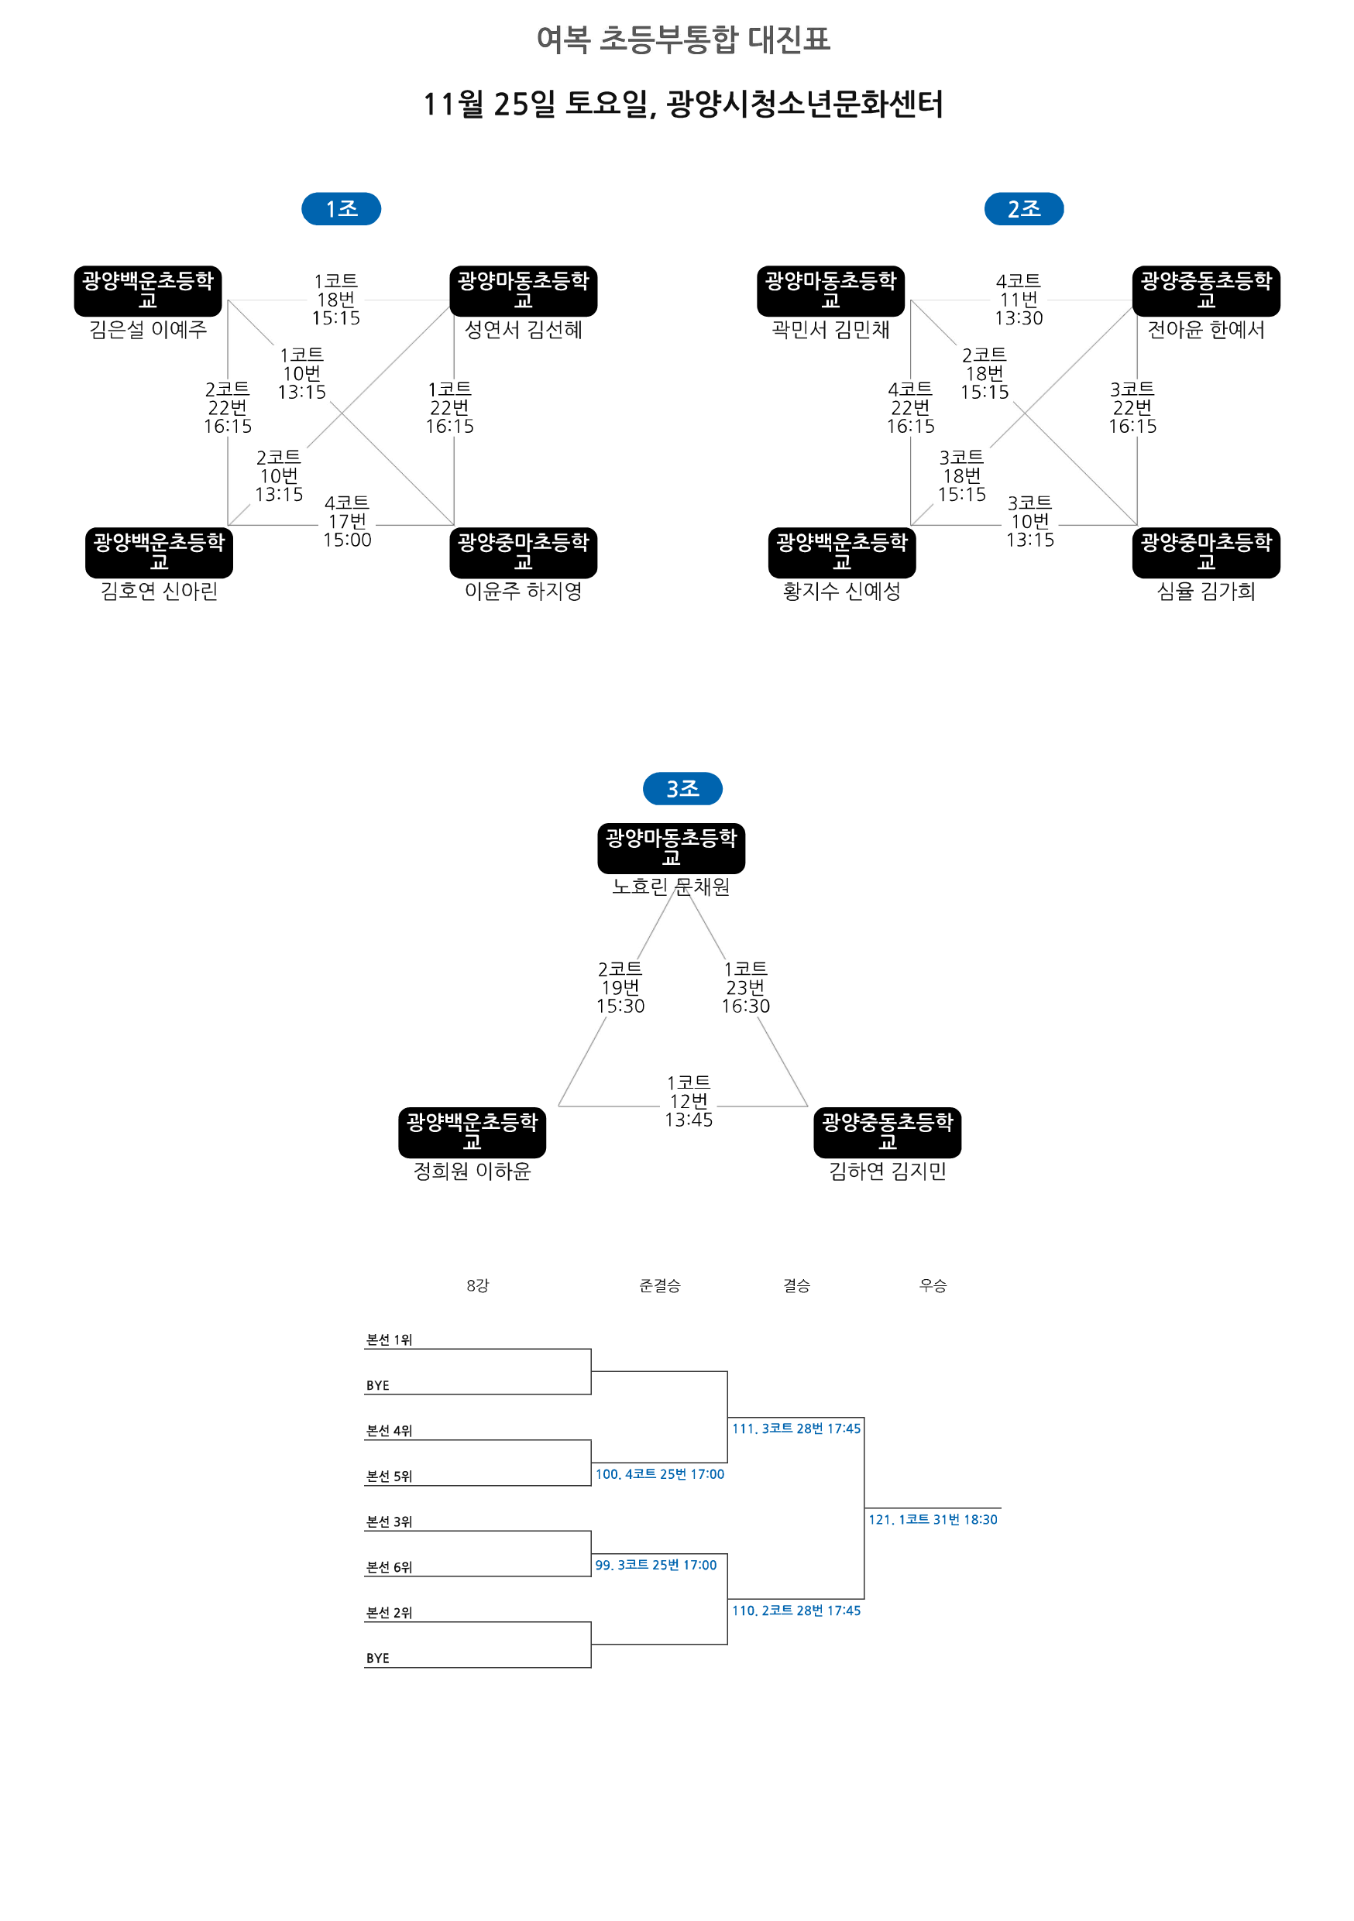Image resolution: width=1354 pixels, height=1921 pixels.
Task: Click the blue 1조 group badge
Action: point(341,208)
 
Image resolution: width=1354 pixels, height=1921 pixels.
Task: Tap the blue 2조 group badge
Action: point(1023,208)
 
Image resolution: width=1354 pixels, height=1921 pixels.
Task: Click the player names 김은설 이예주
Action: point(148,330)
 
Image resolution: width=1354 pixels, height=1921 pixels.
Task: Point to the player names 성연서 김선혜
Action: point(523,330)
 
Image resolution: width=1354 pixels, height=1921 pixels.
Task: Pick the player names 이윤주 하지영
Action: point(523,592)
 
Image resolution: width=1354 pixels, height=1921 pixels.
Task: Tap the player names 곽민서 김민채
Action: point(830,330)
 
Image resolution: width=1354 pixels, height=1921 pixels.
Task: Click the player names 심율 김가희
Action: point(1206,592)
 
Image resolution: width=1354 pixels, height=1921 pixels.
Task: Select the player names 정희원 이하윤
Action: point(472,1171)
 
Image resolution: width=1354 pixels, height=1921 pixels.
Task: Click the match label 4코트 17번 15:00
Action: point(347,521)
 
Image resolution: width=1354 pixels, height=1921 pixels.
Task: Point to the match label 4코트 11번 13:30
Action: point(1019,300)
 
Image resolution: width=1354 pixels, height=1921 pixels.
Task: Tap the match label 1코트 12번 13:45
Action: point(689,1101)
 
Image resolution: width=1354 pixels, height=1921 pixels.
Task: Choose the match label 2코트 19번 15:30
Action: point(620,987)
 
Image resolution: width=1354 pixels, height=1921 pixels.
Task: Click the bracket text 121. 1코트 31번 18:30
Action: point(933,1519)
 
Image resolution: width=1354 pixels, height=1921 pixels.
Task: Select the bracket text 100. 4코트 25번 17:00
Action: point(659,1474)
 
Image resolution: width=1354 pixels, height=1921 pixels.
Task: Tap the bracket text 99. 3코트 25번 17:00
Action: point(656,1565)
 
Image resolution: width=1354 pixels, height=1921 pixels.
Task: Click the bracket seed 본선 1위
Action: point(389,1340)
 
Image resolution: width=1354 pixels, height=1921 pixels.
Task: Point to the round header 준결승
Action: point(659,1286)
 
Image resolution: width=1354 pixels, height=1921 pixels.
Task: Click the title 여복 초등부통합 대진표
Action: point(683,39)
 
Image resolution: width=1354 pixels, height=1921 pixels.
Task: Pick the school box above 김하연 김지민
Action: point(887,1132)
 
